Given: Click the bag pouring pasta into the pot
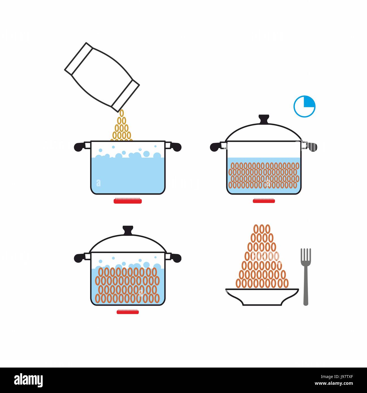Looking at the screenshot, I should [x=102, y=77].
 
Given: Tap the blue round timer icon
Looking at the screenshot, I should [x=304, y=107].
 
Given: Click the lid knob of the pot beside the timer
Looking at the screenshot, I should [x=264, y=119].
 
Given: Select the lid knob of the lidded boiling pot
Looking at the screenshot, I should [x=128, y=230].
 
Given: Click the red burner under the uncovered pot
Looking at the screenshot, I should [x=127, y=201].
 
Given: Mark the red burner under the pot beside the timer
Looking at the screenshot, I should [x=264, y=201].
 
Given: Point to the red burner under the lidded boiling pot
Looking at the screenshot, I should [x=127, y=312].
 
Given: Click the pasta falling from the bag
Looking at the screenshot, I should [x=122, y=127].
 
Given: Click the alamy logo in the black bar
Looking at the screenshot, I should [x=28, y=380].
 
